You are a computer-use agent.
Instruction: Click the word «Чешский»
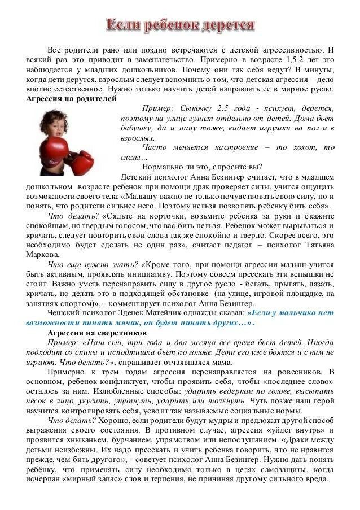click(63, 312)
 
